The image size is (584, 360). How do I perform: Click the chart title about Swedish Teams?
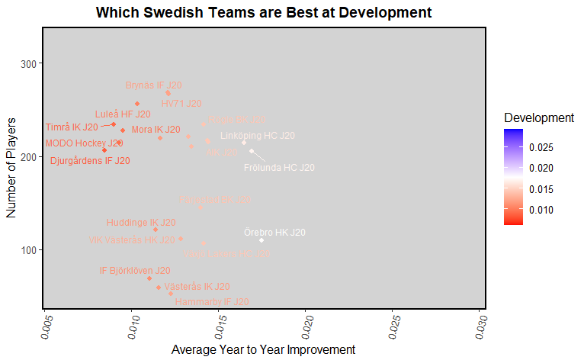tap(264, 13)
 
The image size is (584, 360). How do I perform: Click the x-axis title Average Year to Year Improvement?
tap(263, 349)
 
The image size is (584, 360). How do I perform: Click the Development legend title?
tap(539, 118)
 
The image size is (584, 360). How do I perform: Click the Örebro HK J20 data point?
tap(262, 240)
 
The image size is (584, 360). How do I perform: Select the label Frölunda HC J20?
tap(279, 167)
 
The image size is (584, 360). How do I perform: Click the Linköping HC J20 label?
tap(257, 136)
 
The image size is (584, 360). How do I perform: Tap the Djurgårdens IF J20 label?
tap(90, 161)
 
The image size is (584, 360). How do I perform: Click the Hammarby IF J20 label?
tap(202, 302)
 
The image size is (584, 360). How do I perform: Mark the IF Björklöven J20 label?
tap(135, 270)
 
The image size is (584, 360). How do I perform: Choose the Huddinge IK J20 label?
tap(140, 223)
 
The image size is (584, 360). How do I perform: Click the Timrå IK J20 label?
tap(72, 127)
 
